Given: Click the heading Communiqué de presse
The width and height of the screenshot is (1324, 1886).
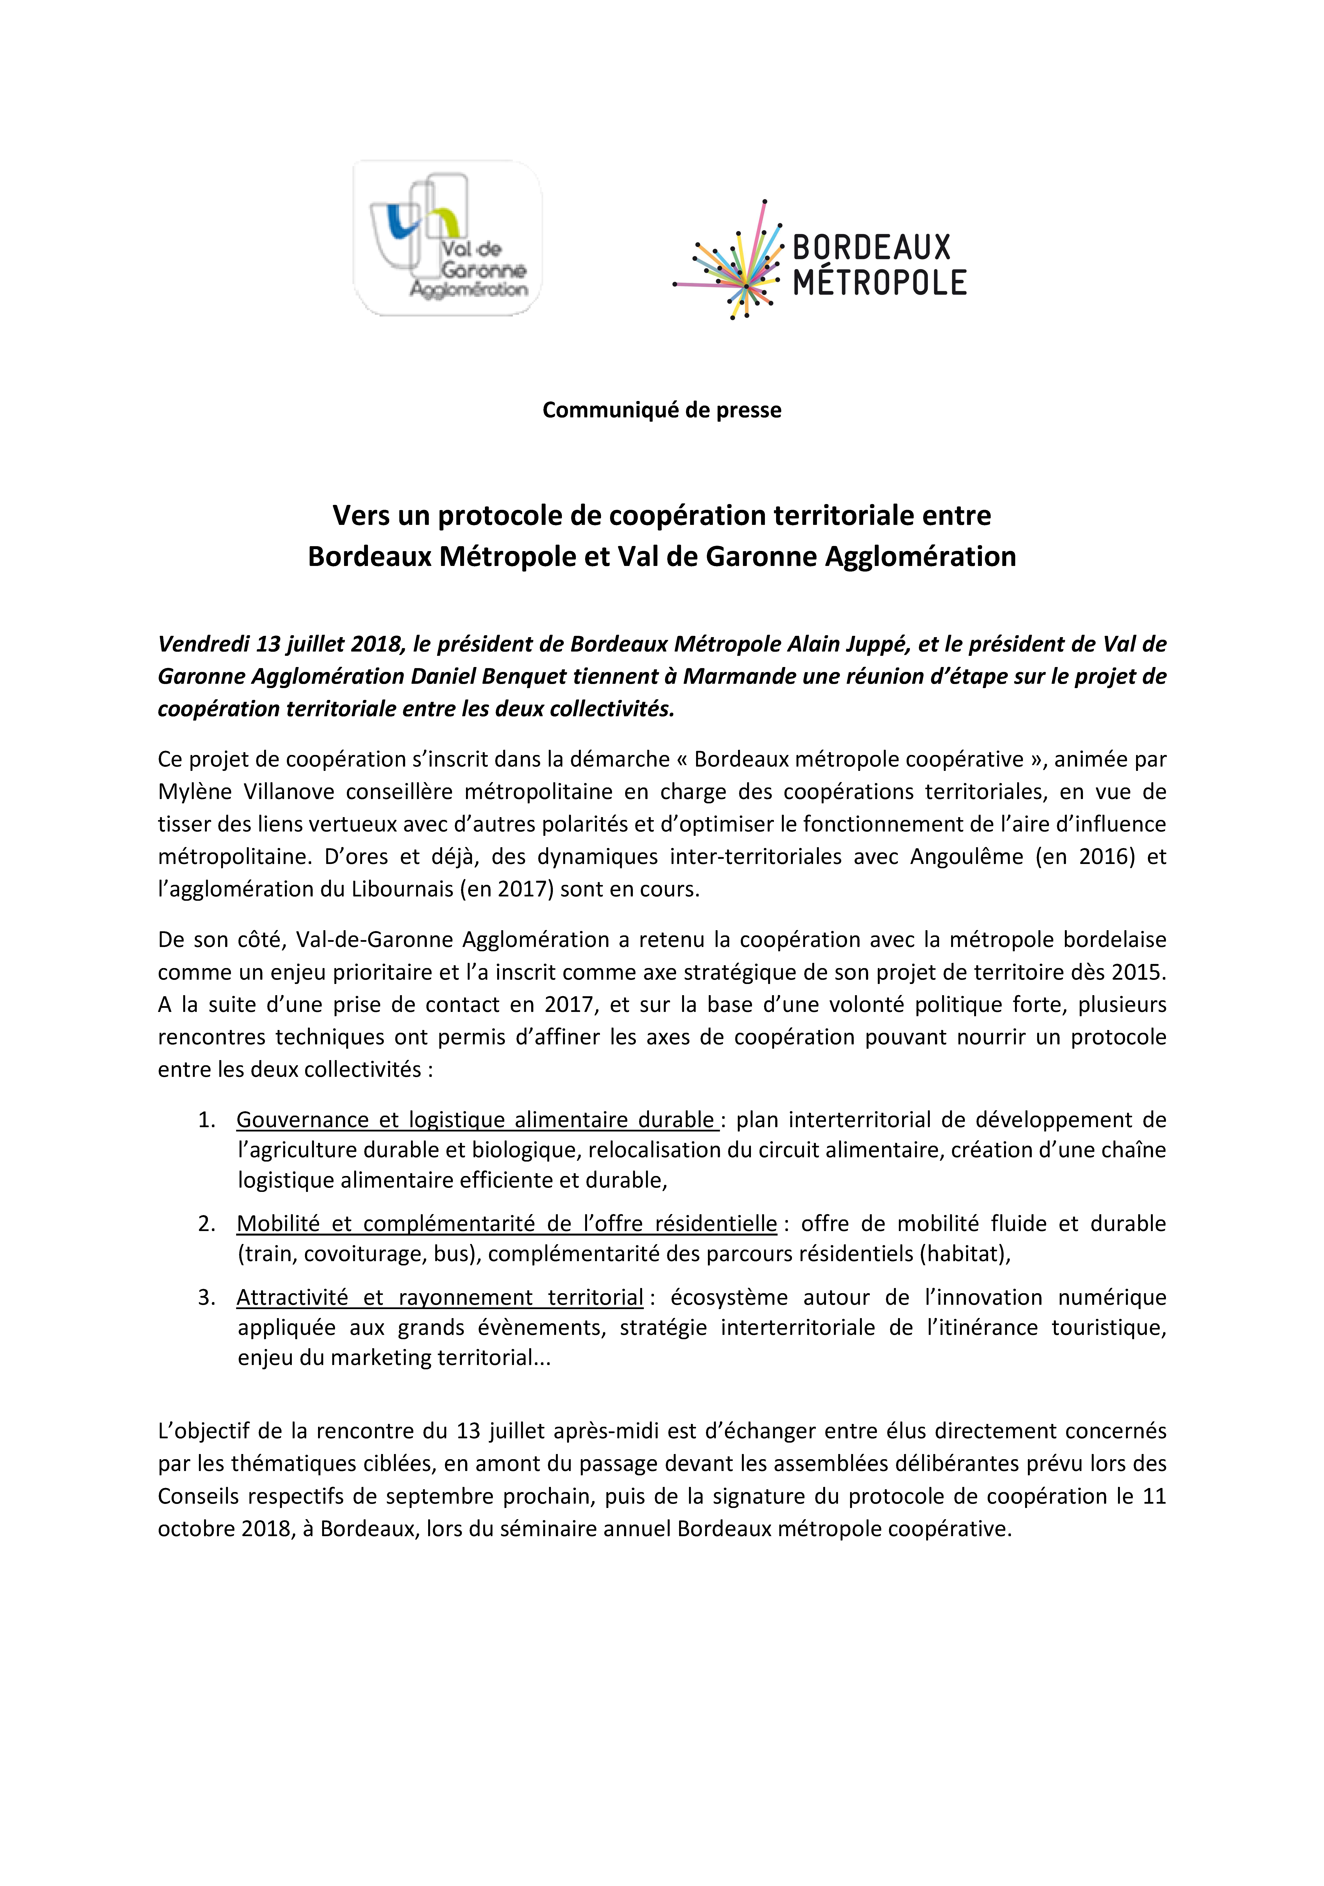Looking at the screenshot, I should click(x=661, y=410).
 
